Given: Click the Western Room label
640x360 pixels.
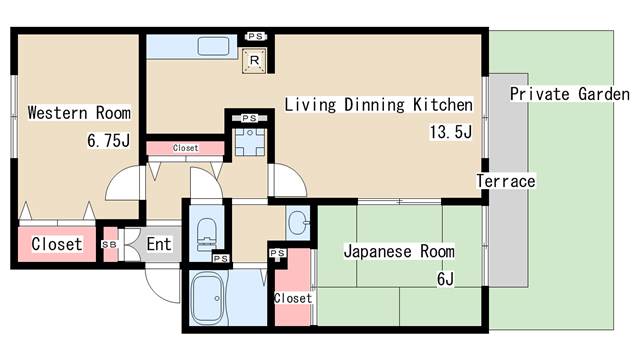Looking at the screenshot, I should tap(78, 112).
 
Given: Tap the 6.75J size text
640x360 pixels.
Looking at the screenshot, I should tap(108, 141).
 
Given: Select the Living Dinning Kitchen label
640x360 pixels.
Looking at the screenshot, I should tap(378, 104).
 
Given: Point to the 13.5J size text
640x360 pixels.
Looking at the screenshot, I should tap(450, 132).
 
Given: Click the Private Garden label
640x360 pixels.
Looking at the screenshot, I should tap(568, 95).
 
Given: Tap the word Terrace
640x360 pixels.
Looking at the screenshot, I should tap(505, 182).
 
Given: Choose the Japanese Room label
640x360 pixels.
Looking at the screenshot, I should tap(399, 251).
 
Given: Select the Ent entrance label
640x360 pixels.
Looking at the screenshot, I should tap(159, 244).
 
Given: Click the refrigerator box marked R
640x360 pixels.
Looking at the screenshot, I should tap(255, 62).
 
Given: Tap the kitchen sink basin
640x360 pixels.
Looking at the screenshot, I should tap(214, 46).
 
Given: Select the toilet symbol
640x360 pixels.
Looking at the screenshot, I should tap(206, 233).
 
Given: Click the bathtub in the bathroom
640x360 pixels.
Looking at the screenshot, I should tap(210, 299).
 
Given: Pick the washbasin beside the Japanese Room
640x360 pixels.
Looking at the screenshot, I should tap(298, 220).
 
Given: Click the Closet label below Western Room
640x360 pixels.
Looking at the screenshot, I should tap(56, 244).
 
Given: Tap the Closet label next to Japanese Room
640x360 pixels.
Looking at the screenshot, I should tap(292, 298).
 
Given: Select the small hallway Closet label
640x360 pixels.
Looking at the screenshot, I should tap(185, 148).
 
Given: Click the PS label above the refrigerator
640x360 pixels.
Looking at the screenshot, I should tap(255, 36).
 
